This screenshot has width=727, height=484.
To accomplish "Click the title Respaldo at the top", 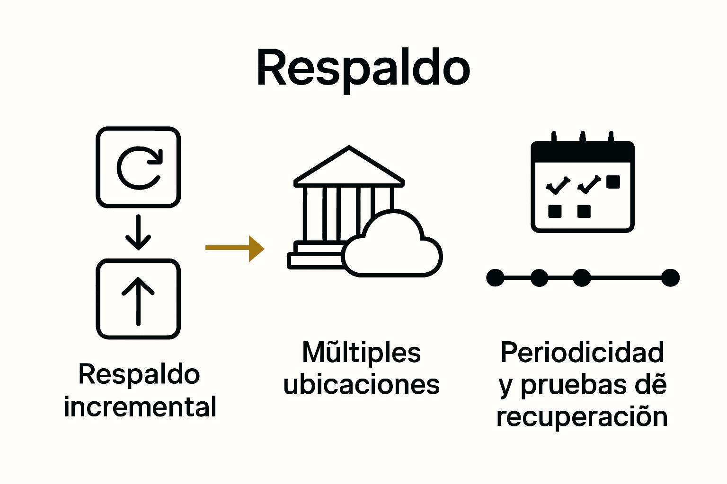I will pyautogui.click(x=363, y=68).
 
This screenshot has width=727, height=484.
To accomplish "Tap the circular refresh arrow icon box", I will pyautogui.click(x=138, y=167).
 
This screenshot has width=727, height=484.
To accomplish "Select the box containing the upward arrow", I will pyautogui.click(x=138, y=299).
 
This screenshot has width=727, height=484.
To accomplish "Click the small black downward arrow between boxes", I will pyautogui.click(x=138, y=232).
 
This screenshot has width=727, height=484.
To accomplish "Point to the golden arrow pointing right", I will pyautogui.click(x=235, y=248).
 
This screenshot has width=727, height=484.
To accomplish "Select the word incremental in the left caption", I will pyautogui.click(x=140, y=407).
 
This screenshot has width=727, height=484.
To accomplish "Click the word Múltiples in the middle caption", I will pyautogui.click(x=361, y=353).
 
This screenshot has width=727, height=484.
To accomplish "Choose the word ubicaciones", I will pyautogui.click(x=361, y=384).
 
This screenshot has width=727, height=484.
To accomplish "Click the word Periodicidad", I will pyautogui.click(x=582, y=353).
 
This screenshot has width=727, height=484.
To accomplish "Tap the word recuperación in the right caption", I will pyautogui.click(x=582, y=417).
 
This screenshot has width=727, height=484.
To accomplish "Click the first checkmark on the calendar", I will pyautogui.click(x=558, y=185).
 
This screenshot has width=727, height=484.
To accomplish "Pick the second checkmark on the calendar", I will pyautogui.click(x=589, y=184).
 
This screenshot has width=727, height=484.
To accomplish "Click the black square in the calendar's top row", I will pyautogui.click(x=613, y=182).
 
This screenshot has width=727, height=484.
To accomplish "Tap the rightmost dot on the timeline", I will pyautogui.click(x=670, y=278).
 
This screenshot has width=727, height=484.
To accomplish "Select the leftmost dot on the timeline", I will pyautogui.click(x=496, y=278).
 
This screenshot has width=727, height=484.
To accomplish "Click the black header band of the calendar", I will pyautogui.click(x=582, y=151).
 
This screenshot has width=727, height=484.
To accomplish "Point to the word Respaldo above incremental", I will pyautogui.click(x=139, y=375).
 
